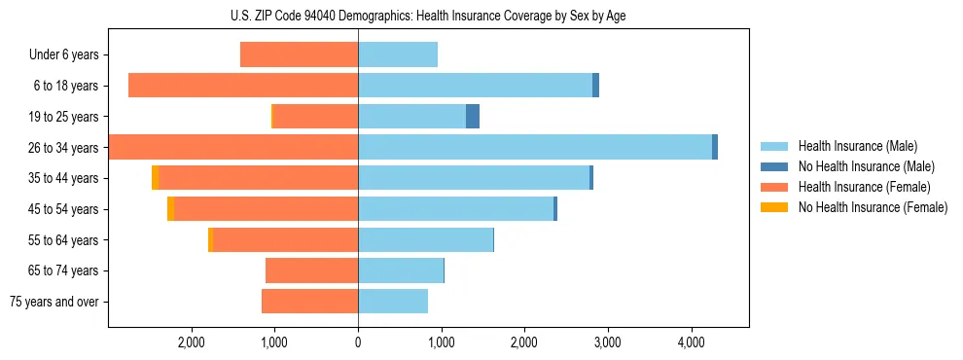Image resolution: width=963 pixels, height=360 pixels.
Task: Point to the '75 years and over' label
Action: click(53, 302)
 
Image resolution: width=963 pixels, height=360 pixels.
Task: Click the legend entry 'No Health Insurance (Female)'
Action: click(873, 207)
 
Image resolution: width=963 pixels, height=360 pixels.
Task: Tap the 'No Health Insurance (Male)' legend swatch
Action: click(775, 166)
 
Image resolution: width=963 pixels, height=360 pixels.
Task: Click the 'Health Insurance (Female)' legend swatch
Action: click(775, 187)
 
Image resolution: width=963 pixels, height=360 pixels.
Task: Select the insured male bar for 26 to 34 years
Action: click(535, 147)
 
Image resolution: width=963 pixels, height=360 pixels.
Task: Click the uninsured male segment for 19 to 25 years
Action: click(473, 117)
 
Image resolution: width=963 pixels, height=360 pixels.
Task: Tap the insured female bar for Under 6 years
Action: click(299, 55)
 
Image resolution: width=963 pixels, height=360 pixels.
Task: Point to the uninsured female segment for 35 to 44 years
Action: click(156, 178)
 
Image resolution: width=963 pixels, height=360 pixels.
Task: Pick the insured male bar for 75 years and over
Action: click(393, 302)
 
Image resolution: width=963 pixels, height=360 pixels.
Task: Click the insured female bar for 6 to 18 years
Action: click(243, 86)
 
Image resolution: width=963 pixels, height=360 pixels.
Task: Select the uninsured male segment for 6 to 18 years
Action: click(595, 86)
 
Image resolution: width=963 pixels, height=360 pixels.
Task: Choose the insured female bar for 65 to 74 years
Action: click(311, 270)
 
